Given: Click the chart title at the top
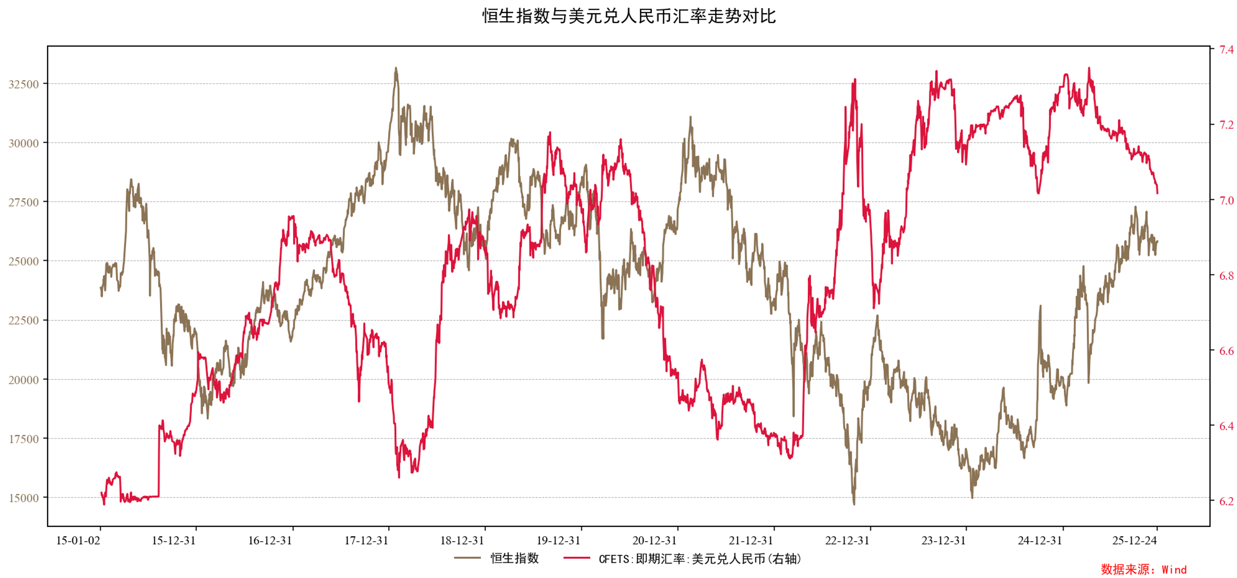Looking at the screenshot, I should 629,16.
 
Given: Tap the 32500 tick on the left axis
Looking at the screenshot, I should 24,85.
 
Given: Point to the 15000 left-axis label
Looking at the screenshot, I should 24,498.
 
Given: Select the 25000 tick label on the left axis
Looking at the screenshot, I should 24,262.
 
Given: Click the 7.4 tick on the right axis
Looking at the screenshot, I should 1226,50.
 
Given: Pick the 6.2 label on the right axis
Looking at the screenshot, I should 1226,501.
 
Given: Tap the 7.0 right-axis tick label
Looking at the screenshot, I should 1226,200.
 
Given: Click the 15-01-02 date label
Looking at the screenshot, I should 78,541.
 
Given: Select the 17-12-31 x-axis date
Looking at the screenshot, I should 366,541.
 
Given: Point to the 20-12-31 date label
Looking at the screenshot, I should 654,541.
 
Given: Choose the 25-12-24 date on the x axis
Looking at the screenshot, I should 1134,541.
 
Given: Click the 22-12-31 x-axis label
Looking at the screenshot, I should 847,541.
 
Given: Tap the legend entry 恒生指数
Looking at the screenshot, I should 514,558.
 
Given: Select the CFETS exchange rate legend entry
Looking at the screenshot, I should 699,559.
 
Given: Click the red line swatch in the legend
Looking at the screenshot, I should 576,558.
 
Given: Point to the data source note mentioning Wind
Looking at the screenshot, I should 1143,570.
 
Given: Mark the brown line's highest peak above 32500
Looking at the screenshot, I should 396,68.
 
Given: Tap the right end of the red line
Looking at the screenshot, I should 1157,193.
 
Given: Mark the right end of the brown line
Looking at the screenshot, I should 1157,241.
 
